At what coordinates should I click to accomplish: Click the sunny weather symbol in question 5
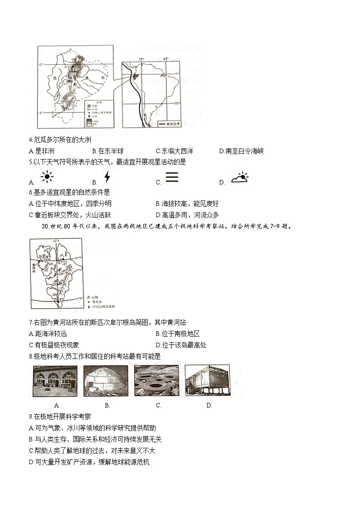click(47, 177)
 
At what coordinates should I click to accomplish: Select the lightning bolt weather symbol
click(107, 176)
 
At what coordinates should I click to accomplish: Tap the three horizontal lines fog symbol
click(171, 177)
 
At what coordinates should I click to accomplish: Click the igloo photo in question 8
click(106, 381)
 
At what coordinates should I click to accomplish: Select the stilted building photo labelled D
click(207, 381)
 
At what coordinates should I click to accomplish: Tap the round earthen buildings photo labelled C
click(156, 381)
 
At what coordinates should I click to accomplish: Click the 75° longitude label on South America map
click(141, 59)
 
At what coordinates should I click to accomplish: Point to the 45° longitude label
click(165, 59)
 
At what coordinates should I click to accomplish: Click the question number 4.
click(30, 140)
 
